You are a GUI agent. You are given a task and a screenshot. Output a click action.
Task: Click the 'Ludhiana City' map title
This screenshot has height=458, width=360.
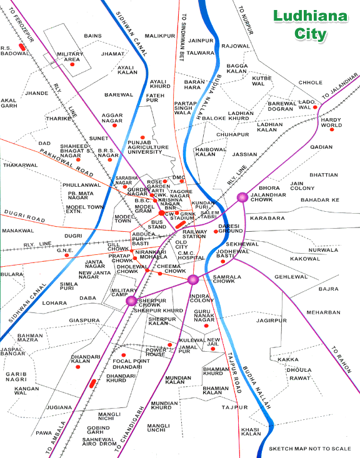click(x=302, y=26)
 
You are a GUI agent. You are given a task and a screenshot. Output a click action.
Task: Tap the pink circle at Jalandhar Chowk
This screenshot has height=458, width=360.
click(x=242, y=197)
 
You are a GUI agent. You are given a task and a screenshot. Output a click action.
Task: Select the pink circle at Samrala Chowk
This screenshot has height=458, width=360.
click(x=192, y=279)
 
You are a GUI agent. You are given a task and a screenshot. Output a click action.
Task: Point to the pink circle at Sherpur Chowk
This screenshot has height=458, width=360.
click(x=131, y=301)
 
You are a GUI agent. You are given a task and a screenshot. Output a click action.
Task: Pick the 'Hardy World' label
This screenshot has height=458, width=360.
click(x=331, y=122)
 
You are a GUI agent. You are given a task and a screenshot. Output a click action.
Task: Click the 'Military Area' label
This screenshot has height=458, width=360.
click(x=69, y=57)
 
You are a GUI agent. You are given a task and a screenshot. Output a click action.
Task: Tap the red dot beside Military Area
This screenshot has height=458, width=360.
click(x=72, y=64)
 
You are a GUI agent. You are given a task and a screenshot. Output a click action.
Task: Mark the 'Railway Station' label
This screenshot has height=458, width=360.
click(x=194, y=234)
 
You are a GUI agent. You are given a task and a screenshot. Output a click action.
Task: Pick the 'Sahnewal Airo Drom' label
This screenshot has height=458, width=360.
click(x=99, y=442)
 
